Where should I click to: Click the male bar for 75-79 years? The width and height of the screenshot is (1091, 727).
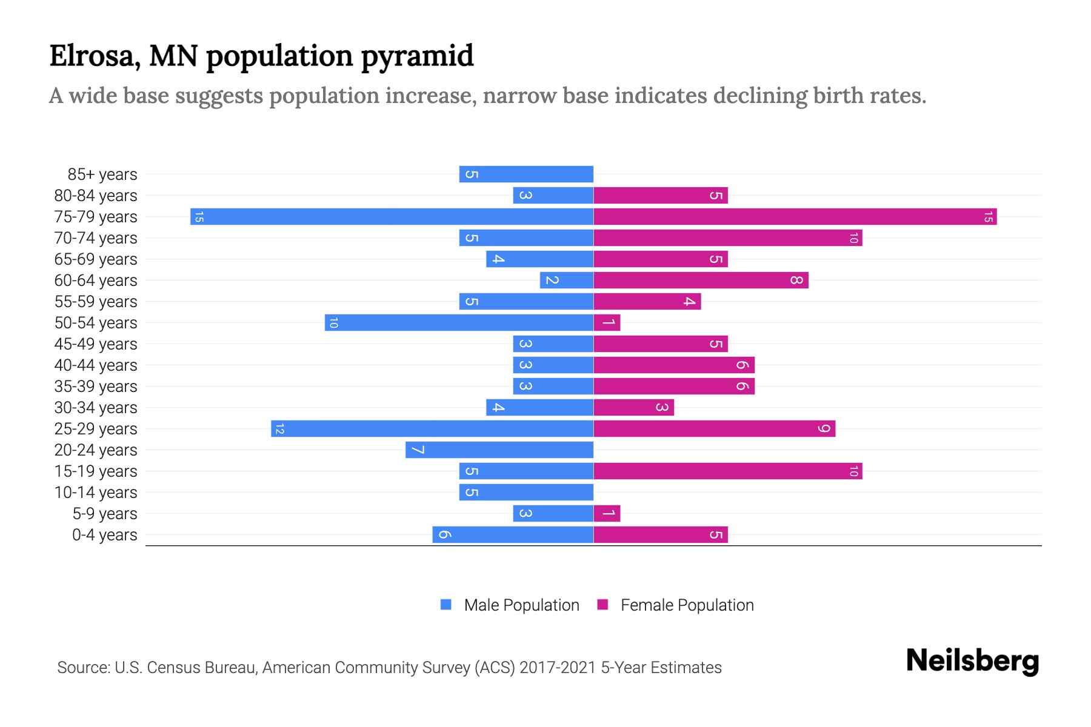click(x=392, y=216)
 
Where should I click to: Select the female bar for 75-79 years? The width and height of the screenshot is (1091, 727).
click(x=795, y=216)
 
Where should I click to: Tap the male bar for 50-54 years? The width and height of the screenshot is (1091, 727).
click(x=459, y=322)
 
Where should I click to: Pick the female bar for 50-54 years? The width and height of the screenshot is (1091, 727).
click(x=607, y=322)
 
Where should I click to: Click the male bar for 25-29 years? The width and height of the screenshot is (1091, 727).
click(x=432, y=428)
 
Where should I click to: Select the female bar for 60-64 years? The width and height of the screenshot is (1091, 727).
click(x=701, y=280)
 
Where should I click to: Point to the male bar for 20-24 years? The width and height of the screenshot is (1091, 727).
click(x=499, y=450)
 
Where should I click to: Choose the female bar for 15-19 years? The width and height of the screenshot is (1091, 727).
click(x=727, y=471)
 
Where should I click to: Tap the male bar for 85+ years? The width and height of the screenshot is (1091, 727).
click(x=526, y=174)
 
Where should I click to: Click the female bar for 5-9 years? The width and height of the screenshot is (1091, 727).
click(x=607, y=513)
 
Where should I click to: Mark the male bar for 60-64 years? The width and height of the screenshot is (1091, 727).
click(x=567, y=280)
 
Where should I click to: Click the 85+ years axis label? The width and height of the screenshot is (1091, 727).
click(x=102, y=174)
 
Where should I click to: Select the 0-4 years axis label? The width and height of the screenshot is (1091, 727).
click(x=104, y=535)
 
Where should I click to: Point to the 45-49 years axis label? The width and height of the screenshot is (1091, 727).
click(x=96, y=344)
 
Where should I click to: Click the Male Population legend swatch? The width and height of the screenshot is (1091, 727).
click(x=446, y=605)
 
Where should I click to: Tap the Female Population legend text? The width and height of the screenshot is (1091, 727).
click(x=687, y=605)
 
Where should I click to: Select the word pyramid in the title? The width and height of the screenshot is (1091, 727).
click(x=417, y=56)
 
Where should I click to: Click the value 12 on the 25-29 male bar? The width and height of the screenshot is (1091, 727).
click(x=279, y=429)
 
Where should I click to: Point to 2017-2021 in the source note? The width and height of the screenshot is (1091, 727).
click(x=558, y=668)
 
